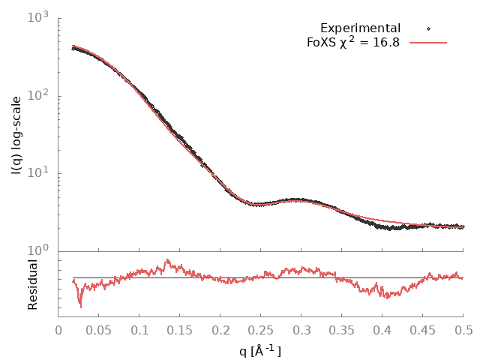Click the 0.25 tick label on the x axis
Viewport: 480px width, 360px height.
[261, 329]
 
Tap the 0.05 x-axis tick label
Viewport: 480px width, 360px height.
[99, 329]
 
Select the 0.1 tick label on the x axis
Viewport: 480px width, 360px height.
[139, 329]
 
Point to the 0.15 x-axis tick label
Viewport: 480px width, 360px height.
[180, 329]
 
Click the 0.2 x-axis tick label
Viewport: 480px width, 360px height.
[220, 329]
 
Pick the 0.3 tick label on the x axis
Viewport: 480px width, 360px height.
[301, 329]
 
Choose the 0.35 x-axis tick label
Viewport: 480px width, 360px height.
[342, 329]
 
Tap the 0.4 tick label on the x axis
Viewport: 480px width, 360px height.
[382, 329]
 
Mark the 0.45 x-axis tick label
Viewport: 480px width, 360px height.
[423, 329]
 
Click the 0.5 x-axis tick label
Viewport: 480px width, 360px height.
[463, 329]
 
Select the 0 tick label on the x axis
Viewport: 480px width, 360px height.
[58, 329]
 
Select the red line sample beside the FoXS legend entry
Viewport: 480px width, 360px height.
[428, 43]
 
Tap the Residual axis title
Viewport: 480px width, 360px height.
[32, 284]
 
